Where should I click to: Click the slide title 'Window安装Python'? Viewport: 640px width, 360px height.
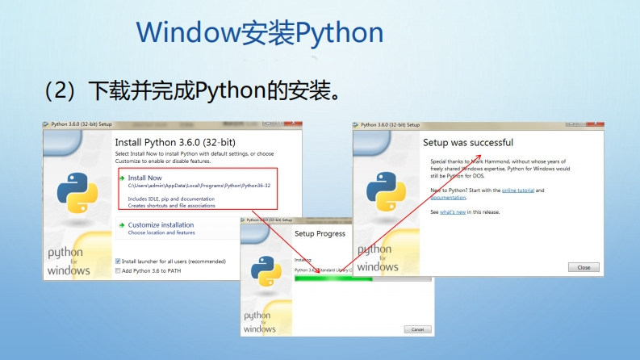pyautogui.click(x=259, y=32)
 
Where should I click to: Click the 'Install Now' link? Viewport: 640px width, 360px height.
pyautogui.click(x=145, y=178)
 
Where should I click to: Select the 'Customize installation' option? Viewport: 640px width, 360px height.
pyautogui.click(x=161, y=224)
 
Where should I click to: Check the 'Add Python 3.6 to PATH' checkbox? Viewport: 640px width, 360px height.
pyautogui.click(x=118, y=270)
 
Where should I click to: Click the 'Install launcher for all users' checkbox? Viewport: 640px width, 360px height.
pyautogui.click(x=118, y=262)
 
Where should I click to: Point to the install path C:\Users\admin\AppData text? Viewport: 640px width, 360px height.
pyautogui.click(x=199, y=186)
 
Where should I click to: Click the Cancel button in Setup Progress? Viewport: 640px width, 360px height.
pyautogui.click(x=417, y=329)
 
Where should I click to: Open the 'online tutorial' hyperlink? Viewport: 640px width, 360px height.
pyautogui.click(x=518, y=190)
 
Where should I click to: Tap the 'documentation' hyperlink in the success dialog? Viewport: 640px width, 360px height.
pyautogui.click(x=448, y=198)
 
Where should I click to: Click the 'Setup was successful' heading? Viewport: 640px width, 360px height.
pyautogui.click(x=468, y=143)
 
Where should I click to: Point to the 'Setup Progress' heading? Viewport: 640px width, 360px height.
pyautogui.click(x=320, y=234)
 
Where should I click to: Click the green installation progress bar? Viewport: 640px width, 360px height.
pyautogui.click(x=334, y=278)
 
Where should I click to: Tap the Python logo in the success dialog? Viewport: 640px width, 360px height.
pyautogui.click(x=386, y=190)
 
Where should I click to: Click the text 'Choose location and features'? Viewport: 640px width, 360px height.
pyautogui.click(x=161, y=232)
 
